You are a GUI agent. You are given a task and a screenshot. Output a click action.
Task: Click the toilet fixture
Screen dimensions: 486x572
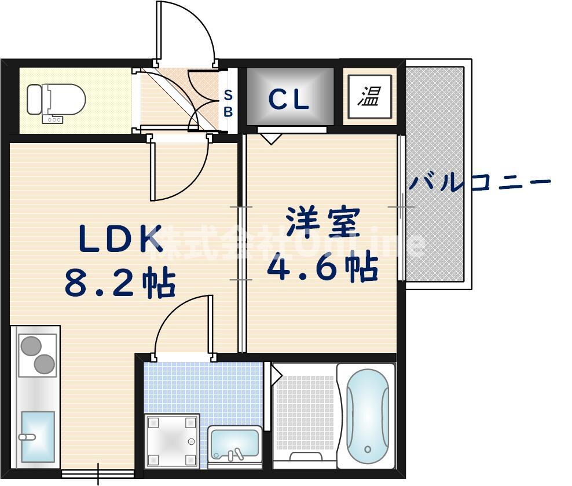pyautogui.click(x=56, y=100)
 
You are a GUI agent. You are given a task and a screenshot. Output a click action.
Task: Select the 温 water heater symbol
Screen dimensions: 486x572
pyautogui.click(x=368, y=96)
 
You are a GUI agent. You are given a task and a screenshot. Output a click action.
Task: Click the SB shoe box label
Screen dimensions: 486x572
pyautogui.click(x=228, y=103)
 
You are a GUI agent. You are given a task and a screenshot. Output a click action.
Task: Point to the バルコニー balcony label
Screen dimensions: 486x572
pyautogui.click(x=479, y=184)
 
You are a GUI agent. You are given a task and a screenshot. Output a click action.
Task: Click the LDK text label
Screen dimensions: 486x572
pyautogui.click(x=120, y=239)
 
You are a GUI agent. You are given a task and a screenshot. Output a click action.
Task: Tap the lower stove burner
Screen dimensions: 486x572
pyautogui.click(x=44, y=364)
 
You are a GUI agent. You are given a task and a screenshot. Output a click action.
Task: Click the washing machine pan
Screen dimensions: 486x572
pyautogui.click(x=172, y=441)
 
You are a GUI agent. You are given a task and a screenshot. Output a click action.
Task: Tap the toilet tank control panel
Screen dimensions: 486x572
pyautogui.click(x=54, y=119)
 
